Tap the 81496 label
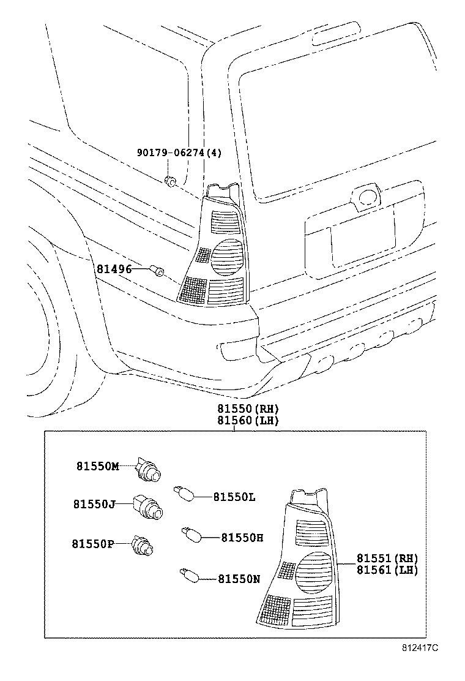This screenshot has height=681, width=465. pyautogui.click(x=113, y=268)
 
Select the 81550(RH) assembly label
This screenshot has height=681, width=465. pyautogui.click(x=239, y=408)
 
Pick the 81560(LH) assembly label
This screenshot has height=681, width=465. pyautogui.click(x=239, y=420)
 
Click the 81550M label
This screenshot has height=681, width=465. pyautogui.click(x=98, y=466)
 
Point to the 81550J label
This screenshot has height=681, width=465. pyautogui.click(x=94, y=504)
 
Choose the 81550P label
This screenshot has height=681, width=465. pyautogui.click(x=93, y=543)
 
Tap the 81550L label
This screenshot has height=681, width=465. pyautogui.click(x=234, y=497)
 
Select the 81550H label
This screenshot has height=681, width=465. pyautogui.click(x=242, y=537)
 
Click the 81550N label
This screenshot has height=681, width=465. pyautogui.click(x=239, y=578)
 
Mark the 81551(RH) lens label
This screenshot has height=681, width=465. pyautogui.click(x=387, y=558)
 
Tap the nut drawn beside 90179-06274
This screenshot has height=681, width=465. pyautogui.click(x=171, y=180)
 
